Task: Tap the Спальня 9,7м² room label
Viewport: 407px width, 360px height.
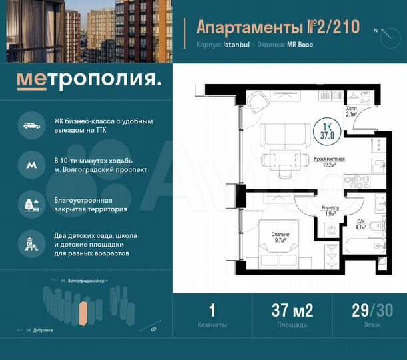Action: click(280, 237)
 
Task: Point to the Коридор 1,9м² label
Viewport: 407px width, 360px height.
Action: click(330, 211)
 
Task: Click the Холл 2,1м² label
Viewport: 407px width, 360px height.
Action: click(351, 111)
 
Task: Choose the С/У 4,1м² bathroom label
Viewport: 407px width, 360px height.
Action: click(360, 224)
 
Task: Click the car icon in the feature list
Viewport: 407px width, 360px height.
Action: click(30, 126)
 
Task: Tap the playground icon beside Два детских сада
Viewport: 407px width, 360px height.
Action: click(30, 244)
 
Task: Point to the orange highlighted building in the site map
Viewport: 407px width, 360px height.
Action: click(83, 313)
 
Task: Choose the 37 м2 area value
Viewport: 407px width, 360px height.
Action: click(292, 310)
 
